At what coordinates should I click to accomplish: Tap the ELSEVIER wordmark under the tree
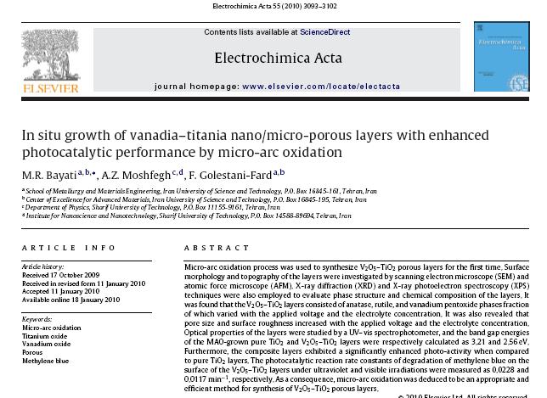tap(50, 87)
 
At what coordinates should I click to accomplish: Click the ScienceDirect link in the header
tap(324, 32)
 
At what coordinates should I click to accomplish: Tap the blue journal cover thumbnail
tap(500, 57)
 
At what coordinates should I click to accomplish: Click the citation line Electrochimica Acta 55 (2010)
tap(273, 7)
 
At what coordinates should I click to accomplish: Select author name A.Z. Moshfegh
tap(136, 174)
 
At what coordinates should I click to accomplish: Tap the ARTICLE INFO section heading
tap(69, 248)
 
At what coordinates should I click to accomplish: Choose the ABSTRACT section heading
tap(217, 248)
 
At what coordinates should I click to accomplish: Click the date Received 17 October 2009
tap(60, 275)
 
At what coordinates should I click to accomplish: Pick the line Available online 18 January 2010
tap(70, 300)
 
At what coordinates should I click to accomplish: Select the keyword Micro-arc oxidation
tap(52, 328)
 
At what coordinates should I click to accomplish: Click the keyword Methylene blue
tap(46, 361)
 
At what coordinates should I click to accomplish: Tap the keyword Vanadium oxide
tap(47, 344)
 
